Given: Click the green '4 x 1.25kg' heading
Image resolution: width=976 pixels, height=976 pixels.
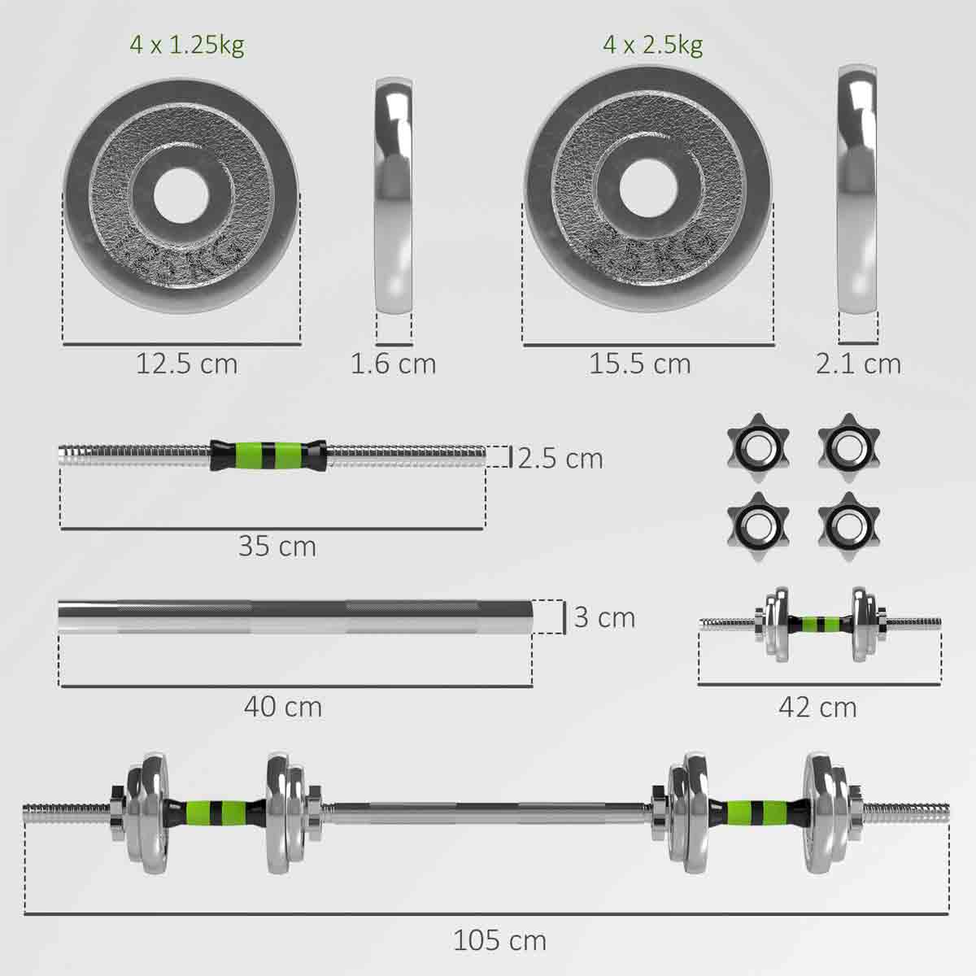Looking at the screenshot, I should [x=186, y=45].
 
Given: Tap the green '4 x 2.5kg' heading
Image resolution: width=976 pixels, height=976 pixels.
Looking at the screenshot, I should [x=652, y=45].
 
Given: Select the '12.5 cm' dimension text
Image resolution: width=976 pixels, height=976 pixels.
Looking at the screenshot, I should [x=186, y=364].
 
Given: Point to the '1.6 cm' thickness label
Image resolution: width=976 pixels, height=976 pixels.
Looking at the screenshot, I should [x=393, y=364].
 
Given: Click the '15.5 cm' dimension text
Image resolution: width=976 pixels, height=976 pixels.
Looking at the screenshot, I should [x=640, y=364].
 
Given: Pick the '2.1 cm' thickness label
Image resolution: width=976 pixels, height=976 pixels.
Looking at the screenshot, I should [x=858, y=364].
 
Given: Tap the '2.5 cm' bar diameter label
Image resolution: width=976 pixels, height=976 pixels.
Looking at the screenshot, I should [x=560, y=459].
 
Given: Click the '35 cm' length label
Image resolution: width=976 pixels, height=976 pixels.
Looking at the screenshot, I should [x=277, y=546].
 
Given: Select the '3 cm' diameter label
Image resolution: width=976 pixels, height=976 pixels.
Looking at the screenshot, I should [x=603, y=617].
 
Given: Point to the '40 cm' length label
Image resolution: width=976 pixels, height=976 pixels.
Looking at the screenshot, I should [x=282, y=707].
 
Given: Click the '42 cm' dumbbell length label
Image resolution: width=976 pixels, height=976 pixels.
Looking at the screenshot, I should [x=817, y=707].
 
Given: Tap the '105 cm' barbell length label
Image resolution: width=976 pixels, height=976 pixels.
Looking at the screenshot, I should [x=499, y=941].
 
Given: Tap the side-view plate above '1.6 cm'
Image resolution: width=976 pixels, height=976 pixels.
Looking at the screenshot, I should [x=394, y=196].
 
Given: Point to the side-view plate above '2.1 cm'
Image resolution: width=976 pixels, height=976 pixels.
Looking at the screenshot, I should [x=859, y=190].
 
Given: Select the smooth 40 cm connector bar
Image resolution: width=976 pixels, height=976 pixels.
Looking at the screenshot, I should [x=295, y=617].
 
